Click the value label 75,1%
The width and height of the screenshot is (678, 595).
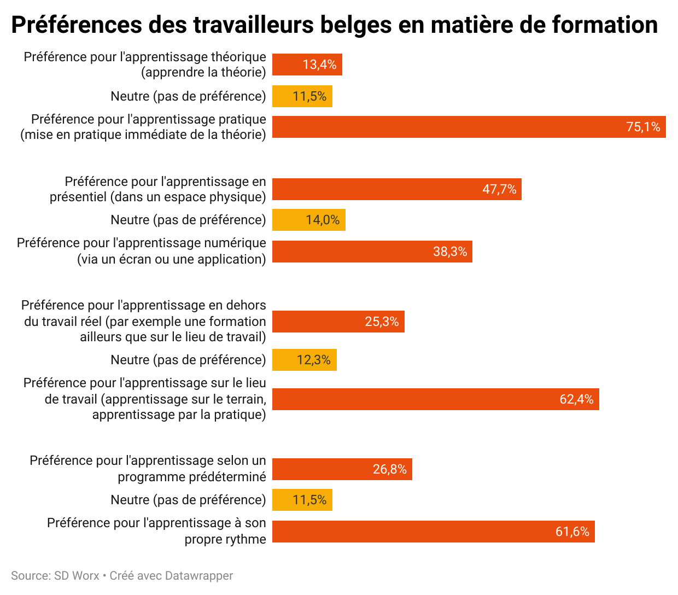[x=643, y=127]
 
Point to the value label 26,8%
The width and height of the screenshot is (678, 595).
[x=390, y=469]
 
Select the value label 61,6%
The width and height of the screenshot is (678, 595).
[x=572, y=532]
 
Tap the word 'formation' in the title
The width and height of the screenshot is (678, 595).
[x=604, y=25]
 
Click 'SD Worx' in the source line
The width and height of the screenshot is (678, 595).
[x=77, y=576]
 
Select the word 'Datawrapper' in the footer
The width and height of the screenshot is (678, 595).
[x=199, y=576]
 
